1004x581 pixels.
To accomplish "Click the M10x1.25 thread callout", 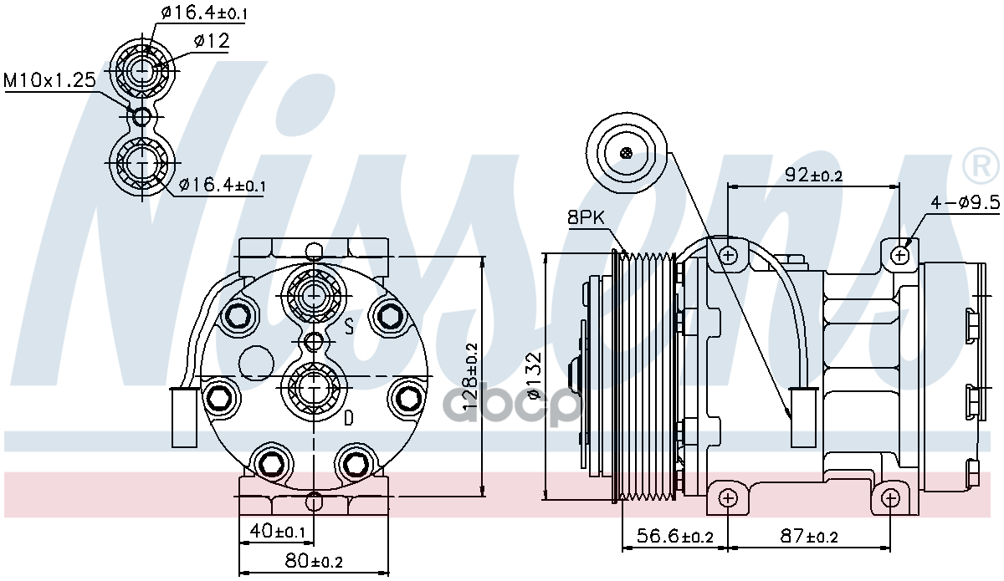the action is [x=49, y=80].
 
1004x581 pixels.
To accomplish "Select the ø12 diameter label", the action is [x=212, y=41].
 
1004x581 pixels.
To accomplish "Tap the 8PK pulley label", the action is [x=586, y=217].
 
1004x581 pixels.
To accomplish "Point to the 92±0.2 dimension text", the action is [x=813, y=175].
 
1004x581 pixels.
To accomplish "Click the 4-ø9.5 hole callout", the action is [x=965, y=203].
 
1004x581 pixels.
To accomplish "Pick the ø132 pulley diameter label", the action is [x=535, y=375].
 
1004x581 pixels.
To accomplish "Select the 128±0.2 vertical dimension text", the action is [x=470, y=376].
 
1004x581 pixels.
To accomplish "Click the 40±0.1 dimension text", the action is [x=278, y=531].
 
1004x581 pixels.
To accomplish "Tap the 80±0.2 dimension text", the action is [x=314, y=560].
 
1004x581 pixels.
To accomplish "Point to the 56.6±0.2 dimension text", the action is [x=674, y=536].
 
